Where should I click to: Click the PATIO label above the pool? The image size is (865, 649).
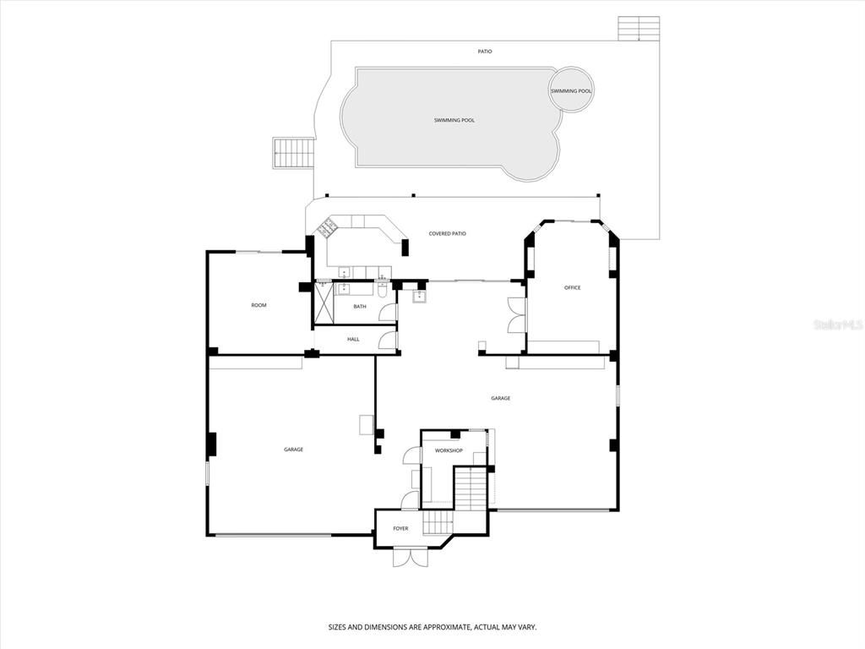click(x=484, y=52)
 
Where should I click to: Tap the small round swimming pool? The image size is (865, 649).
click(x=571, y=90)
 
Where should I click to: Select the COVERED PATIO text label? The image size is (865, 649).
click(x=447, y=233)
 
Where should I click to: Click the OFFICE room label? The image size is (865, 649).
click(x=572, y=288)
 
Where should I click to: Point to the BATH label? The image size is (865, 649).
click(x=360, y=307)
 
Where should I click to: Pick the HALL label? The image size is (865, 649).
click(x=353, y=339)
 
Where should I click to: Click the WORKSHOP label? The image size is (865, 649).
click(x=449, y=450)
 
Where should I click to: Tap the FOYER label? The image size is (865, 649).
click(x=400, y=528)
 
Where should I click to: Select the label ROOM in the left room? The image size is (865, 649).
click(x=258, y=305)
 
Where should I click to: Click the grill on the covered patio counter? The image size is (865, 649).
click(x=326, y=226)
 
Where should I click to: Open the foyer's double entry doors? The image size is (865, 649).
click(x=411, y=557)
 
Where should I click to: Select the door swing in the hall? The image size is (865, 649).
click(x=389, y=340)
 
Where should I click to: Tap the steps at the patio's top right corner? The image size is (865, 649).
click(x=638, y=29)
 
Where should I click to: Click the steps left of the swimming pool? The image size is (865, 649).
click(x=293, y=154)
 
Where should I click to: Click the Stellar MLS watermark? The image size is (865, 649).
click(x=837, y=324)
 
